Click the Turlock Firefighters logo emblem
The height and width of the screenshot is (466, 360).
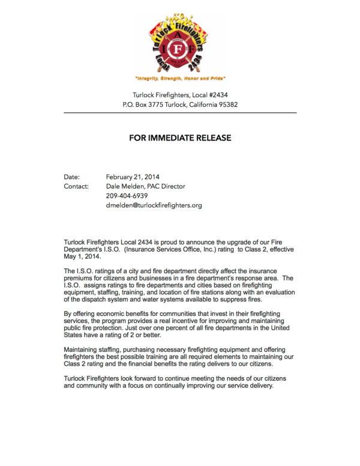coord(179,42)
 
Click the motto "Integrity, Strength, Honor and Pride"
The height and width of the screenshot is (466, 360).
coord(179,79)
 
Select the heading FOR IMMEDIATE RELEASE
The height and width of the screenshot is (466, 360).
coord(180,138)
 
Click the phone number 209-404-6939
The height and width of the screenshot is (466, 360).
coord(127,196)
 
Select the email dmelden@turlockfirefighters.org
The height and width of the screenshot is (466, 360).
coord(154,205)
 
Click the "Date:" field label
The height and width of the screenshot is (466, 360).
coord(72,177)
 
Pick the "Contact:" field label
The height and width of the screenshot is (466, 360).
coord(76,186)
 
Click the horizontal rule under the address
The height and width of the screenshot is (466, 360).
coord(180,112)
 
